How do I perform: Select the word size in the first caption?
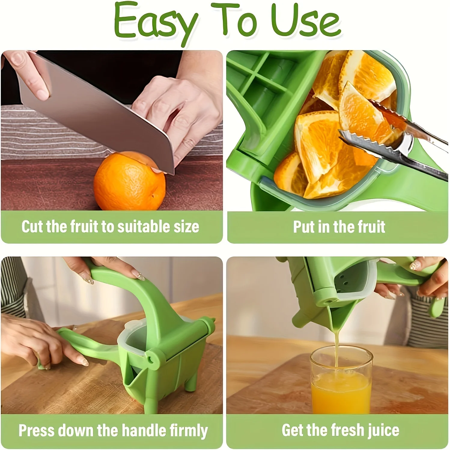point(186,227)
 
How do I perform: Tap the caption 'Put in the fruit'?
point(339,227)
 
